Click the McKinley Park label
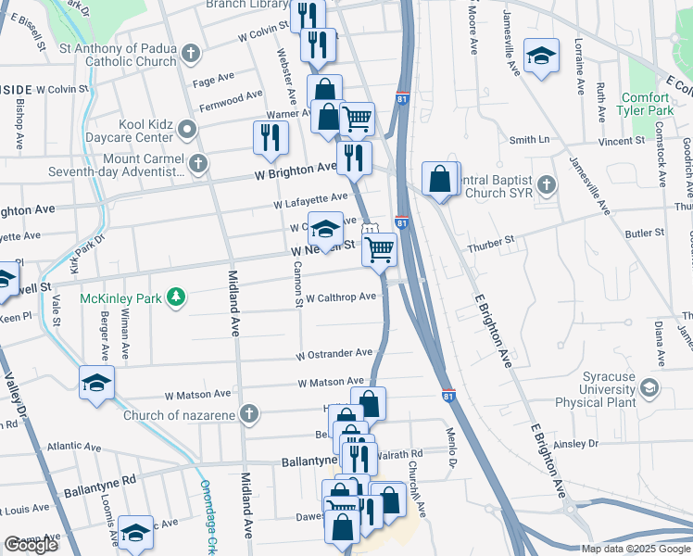[120, 297]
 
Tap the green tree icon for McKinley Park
[171, 297]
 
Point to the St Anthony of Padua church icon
[191, 53]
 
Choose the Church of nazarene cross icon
[247, 414]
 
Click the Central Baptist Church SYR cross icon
[547, 184]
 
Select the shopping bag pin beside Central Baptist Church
[439, 179]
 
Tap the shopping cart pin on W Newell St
[378, 249]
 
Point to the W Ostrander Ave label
[334, 354]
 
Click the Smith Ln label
[529, 140]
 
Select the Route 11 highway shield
[370, 230]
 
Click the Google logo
[31, 545]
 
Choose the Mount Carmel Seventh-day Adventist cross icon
[196, 164]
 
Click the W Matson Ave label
[331, 382]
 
